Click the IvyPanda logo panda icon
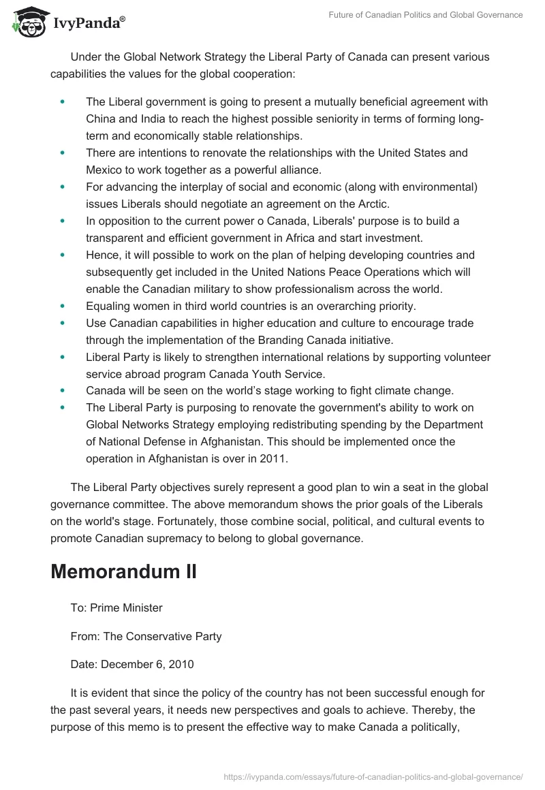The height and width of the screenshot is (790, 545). [x=27, y=23]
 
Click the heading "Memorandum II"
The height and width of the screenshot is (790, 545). [x=123, y=571]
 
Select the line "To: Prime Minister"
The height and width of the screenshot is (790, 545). [x=116, y=607]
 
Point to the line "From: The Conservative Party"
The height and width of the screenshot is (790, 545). [x=146, y=637]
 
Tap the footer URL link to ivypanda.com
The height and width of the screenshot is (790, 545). [x=372, y=776]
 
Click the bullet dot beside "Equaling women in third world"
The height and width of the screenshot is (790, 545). [x=63, y=306]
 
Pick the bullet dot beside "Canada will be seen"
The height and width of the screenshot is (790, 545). [x=63, y=390]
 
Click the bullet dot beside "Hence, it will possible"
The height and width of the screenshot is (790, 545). [x=63, y=255]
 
